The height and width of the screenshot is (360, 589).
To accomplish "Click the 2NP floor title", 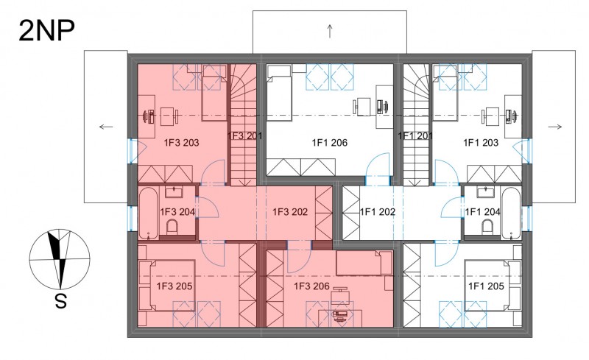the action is click(46, 30).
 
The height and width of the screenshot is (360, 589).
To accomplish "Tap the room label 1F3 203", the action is click(181, 143).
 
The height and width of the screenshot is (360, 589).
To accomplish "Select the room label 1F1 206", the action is click(329, 143).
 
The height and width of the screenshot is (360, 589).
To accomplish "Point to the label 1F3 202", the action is click(290, 212).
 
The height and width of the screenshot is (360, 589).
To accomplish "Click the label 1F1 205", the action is click(486, 286).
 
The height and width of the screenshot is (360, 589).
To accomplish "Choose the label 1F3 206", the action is click(311, 286).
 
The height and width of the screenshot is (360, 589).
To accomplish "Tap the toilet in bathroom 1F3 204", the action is click(172, 227).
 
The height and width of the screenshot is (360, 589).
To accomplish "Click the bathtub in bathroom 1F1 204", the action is click(511, 213).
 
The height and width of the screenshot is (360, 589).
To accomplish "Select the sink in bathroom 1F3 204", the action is click(174, 192).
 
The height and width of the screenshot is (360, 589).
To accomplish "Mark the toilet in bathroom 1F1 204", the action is click(487, 227).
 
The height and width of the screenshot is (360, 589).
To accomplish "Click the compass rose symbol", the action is click(60, 258).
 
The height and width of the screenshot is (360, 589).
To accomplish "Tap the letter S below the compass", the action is click(60, 301).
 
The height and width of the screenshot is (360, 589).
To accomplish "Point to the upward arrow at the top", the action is click(330, 31).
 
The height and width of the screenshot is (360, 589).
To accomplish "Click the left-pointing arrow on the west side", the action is click(106, 127).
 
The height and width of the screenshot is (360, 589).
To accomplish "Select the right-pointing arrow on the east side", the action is click(555, 127).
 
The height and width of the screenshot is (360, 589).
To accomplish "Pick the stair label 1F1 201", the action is click(415, 135).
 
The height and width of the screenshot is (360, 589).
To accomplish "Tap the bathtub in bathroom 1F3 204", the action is click(149, 213).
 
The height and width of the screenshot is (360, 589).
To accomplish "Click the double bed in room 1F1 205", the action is click(493, 285).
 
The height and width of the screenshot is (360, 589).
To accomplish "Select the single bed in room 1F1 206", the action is click(279, 93).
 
